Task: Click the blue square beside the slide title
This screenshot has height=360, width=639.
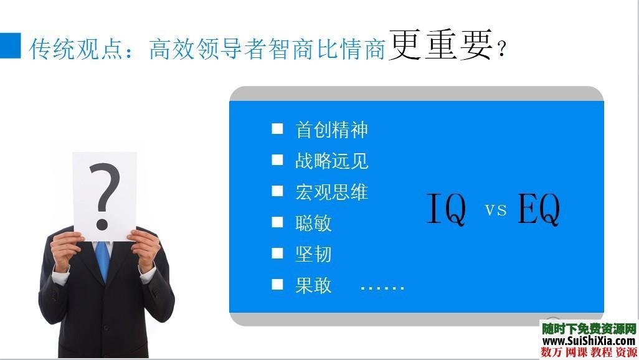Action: click(x=11, y=45)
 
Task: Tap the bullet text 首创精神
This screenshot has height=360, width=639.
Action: click(x=331, y=130)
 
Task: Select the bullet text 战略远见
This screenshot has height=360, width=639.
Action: click(x=331, y=161)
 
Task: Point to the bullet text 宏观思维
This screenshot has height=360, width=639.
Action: click(x=331, y=192)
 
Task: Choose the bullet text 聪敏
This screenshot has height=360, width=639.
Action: click(x=313, y=223)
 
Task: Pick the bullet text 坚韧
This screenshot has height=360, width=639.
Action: click(x=313, y=254)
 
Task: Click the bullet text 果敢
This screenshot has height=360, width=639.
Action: click(x=313, y=285)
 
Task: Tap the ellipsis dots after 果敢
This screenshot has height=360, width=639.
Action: click(x=382, y=287)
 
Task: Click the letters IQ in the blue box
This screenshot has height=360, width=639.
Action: click(x=446, y=209)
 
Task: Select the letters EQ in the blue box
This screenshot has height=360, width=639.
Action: click(x=539, y=209)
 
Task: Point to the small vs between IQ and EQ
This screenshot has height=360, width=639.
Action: click(x=496, y=210)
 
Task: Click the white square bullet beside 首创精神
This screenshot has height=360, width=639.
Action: click(x=277, y=129)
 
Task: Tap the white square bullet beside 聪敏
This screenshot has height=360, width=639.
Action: click(x=277, y=222)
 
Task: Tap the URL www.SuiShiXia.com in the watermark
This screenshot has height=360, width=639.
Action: click(x=588, y=341)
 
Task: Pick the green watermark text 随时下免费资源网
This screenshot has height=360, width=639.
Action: click(x=588, y=328)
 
